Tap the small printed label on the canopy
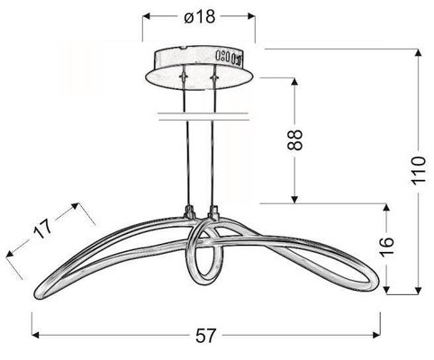pyautogui.click(x=229, y=59)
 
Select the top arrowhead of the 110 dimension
pyautogui.click(x=417, y=53)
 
